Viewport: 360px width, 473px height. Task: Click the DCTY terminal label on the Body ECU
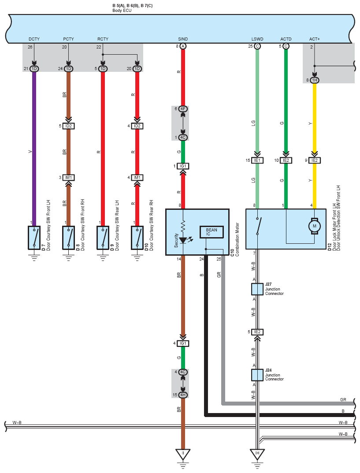point(34,39)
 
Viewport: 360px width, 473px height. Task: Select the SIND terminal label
point(183,39)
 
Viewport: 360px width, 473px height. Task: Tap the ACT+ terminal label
point(315,39)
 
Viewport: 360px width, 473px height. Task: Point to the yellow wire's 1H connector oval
point(315,80)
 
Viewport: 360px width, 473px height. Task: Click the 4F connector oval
point(183,108)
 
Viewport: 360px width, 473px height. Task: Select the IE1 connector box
point(257,160)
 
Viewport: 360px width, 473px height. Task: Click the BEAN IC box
point(212,232)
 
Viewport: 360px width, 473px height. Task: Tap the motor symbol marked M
point(315,226)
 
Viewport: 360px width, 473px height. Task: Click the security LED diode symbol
point(183,240)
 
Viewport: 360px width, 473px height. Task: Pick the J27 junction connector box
point(257,289)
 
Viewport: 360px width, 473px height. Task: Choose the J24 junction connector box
point(257,375)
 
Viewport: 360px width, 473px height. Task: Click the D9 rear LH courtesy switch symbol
point(103,238)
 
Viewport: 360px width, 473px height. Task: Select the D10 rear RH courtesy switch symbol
point(137,238)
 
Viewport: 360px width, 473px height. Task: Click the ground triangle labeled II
point(183,454)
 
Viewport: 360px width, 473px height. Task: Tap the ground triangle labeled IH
point(257,454)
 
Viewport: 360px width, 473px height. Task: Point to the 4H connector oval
point(183,395)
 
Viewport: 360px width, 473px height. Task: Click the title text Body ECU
point(122,11)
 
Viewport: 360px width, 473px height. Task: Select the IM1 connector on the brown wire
point(68,178)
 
